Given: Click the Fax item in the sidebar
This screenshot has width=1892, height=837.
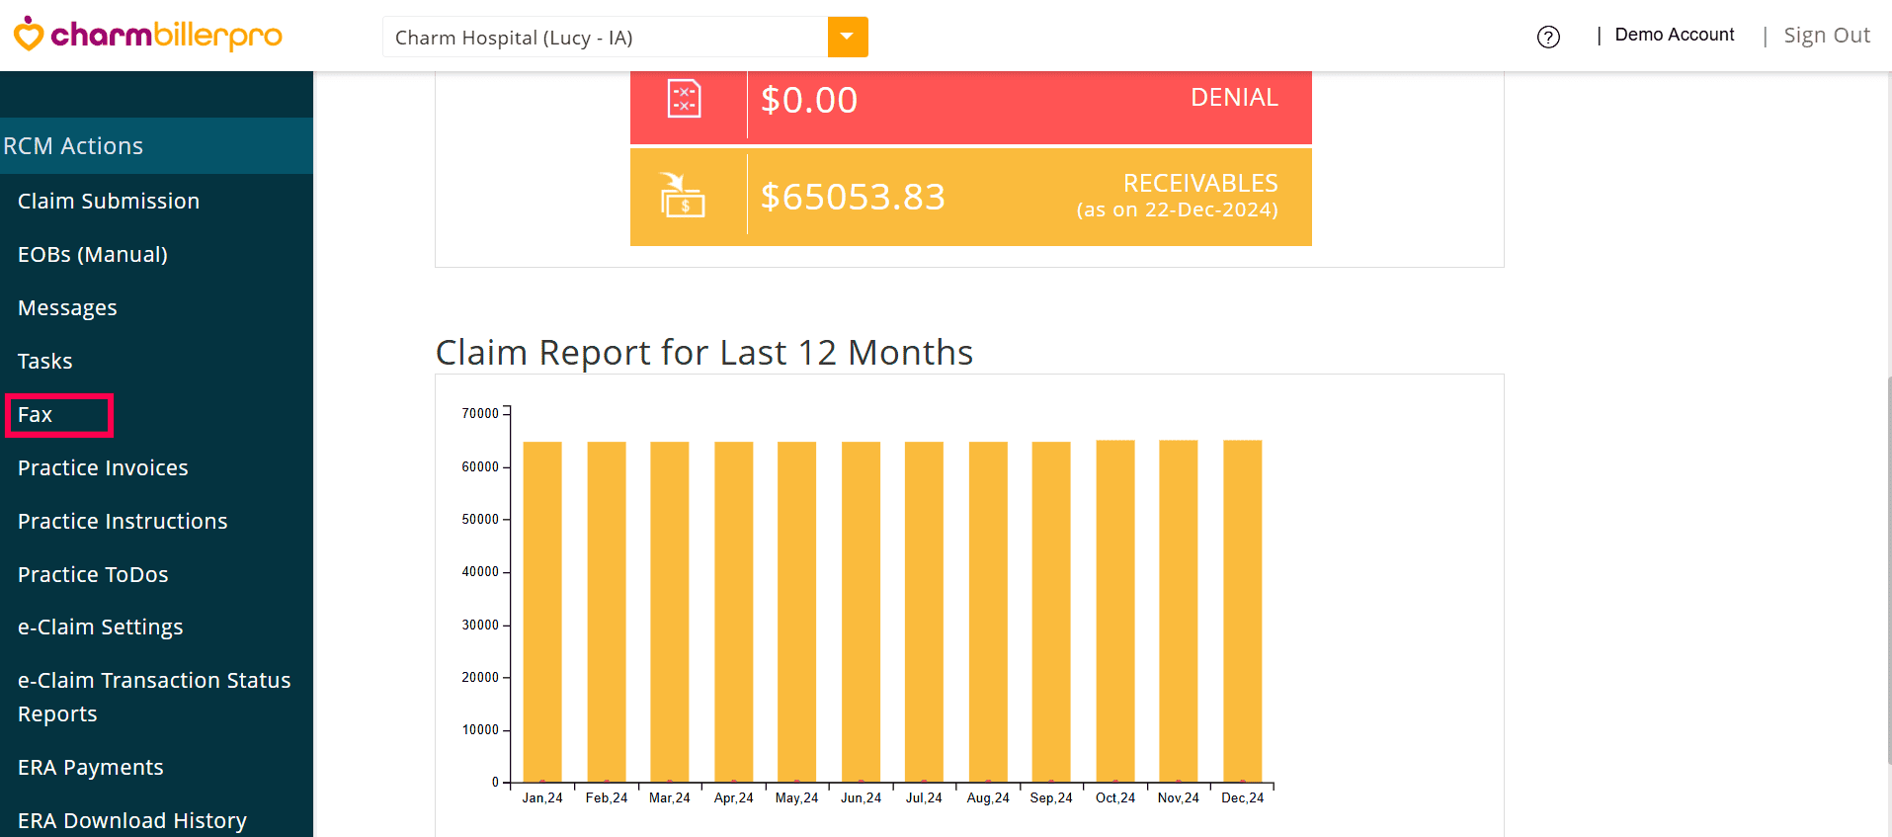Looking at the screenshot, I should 36,415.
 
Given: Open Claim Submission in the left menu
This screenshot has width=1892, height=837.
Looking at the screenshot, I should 109,202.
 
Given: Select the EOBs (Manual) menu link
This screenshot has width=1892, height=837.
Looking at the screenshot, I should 93,255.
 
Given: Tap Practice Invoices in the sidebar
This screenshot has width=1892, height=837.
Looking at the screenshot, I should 103,468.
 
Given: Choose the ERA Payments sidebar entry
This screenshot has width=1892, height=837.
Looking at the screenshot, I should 91,768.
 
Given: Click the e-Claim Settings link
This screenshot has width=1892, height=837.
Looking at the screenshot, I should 101,628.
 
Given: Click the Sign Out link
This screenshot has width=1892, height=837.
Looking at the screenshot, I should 1827,36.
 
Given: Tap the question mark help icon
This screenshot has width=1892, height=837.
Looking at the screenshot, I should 1548,38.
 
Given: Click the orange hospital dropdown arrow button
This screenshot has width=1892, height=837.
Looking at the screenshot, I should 848,38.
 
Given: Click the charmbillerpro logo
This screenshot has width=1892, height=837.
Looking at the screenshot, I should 148,36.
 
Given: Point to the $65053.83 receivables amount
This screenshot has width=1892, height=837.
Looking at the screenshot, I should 853,197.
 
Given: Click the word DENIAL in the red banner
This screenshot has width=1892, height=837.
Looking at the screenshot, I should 1234,98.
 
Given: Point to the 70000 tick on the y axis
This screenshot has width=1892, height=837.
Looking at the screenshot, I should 480,413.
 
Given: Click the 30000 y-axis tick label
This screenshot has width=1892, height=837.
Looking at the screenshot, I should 480,625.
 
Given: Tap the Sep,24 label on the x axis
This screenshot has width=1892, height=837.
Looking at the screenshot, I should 1051,798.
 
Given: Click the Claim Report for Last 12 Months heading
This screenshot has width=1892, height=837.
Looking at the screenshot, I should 704,353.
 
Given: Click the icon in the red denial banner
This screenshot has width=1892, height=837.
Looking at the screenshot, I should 685,99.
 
